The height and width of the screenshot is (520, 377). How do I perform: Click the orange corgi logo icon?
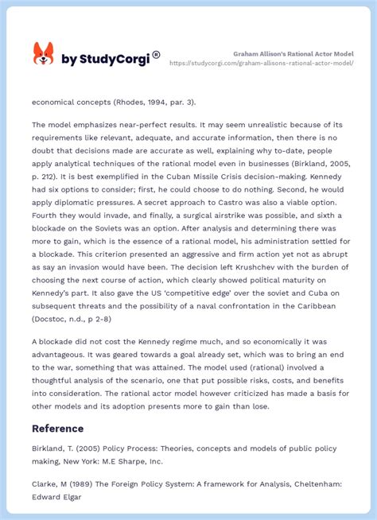43,55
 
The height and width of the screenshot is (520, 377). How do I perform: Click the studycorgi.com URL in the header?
262,63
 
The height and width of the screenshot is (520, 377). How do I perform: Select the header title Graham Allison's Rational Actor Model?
293,53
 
